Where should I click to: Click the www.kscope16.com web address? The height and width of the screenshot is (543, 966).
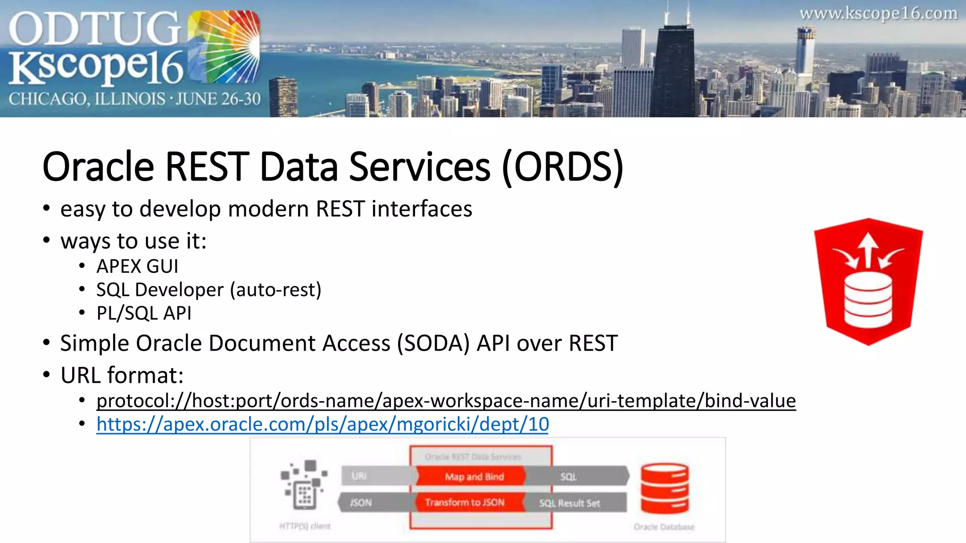[878, 14]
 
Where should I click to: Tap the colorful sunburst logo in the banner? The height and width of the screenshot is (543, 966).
[224, 47]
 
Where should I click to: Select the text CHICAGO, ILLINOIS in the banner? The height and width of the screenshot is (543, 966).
[87, 99]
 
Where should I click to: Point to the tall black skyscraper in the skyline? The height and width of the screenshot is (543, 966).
[672, 71]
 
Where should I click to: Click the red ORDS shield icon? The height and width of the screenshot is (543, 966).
[868, 282]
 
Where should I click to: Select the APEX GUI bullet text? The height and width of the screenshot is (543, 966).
[137, 266]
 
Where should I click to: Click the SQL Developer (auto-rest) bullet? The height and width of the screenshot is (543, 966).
[208, 290]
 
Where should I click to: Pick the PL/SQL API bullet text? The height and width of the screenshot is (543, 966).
[144, 313]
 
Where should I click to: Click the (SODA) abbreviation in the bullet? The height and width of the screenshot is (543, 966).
[433, 343]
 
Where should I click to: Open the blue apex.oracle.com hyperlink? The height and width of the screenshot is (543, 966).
[323, 424]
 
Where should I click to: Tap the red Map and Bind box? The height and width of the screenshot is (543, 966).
[474, 477]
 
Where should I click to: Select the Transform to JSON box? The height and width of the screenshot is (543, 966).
[465, 502]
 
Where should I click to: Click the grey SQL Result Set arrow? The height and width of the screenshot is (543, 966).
[573, 503]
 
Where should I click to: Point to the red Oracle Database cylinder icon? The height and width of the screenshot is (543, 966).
[665, 488]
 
